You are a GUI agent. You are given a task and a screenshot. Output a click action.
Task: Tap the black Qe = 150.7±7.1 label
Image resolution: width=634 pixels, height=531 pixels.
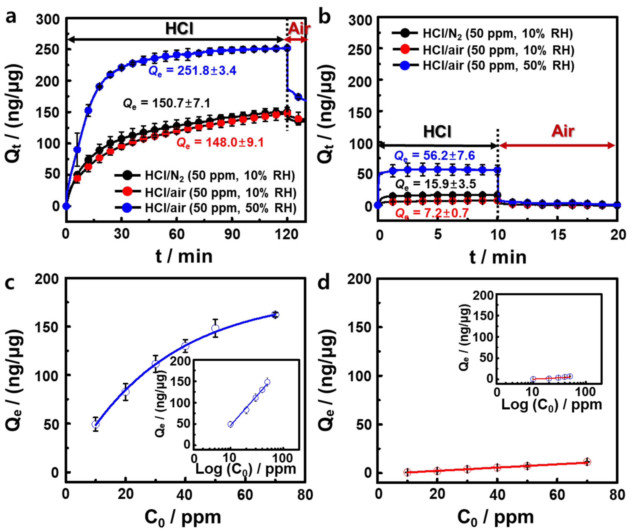[x=166, y=103]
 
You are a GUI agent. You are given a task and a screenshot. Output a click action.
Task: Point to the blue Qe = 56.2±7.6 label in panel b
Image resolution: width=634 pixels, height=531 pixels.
[x=434, y=156]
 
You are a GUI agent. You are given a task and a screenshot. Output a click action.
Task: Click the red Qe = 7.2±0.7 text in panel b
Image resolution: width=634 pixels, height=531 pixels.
[x=432, y=213]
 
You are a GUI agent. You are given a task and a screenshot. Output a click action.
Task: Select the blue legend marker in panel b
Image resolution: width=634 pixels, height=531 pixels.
[x=404, y=66]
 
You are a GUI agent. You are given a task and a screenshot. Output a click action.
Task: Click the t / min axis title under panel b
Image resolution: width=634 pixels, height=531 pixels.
[x=498, y=257]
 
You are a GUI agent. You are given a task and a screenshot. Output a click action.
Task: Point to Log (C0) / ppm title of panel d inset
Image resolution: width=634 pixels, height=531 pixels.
[x=552, y=405]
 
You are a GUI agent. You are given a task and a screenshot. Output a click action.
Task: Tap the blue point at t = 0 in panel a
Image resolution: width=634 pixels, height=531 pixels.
[x=66, y=206]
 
